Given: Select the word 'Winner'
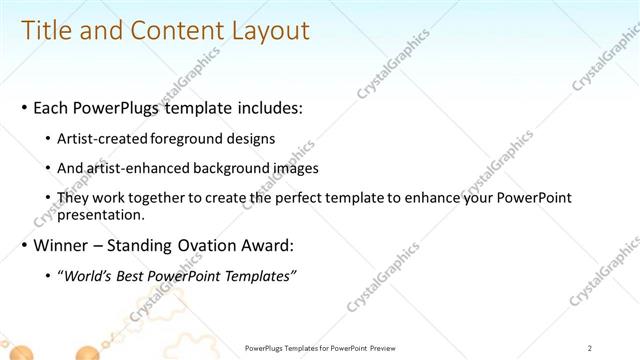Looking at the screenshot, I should click(x=59, y=245).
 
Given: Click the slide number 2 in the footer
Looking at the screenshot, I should click(x=590, y=347).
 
